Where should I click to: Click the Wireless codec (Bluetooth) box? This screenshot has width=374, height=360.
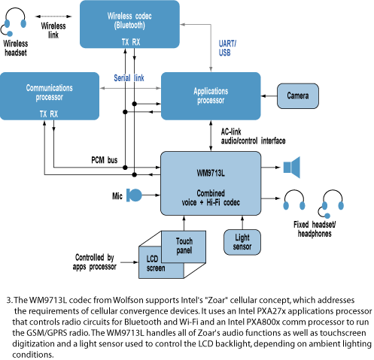pyautogui.click(x=129, y=24)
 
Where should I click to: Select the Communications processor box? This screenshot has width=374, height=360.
pyautogui.click(x=50, y=96)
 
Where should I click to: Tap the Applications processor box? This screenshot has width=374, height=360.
pyautogui.click(x=211, y=96)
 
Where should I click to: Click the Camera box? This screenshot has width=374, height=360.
pyautogui.click(x=298, y=96)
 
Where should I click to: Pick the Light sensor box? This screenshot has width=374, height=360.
pyautogui.click(x=242, y=242)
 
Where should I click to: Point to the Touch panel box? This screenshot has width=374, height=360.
pyautogui.click(x=184, y=246)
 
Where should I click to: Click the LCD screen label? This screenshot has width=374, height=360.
pyautogui.click(x=156, y=263)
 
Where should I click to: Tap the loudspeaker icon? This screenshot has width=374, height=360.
pyautogui.click(x=292, y=168)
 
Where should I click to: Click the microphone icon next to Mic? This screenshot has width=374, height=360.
pyautogui.click(x=134, y=195)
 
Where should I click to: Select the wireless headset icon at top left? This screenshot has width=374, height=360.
pyautogui.click(x=14, y=22)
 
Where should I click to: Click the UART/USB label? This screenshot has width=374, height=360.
pyautogui.click(x=227, y=48)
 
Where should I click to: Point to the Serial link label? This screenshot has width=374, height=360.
pyautogui.click(x=129, y=78)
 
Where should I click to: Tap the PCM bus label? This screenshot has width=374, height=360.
pyautogui.click(x=105, y=160)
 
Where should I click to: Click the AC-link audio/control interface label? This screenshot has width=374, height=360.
pyautogui.click(x=253, y=136)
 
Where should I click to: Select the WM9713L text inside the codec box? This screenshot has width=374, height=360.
pyautogui.click(x=211, y=173)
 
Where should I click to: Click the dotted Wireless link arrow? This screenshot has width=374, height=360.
pyautogui.click(x=53, y=17)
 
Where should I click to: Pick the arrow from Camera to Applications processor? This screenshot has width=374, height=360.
pyautogui.click(x=269, y=96)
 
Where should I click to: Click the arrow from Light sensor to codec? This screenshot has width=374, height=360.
pyautogui.click(x=242, y=222)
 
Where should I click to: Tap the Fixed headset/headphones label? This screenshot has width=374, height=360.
pyautogui.click(x=315, y=229)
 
